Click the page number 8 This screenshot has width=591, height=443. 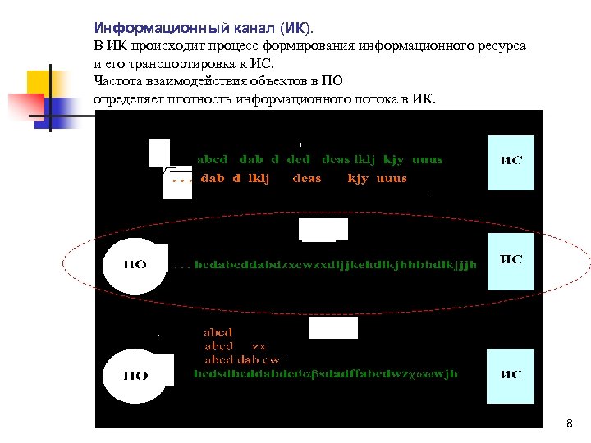569,424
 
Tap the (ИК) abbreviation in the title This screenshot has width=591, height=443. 294,28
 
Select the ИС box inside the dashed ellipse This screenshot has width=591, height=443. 511,260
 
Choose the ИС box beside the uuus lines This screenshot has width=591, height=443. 511,162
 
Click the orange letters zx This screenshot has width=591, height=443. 259,346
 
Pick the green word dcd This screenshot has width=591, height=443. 299,159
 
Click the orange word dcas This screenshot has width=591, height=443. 307,178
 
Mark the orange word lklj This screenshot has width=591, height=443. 259,178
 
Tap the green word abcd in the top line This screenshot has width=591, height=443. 213,159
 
